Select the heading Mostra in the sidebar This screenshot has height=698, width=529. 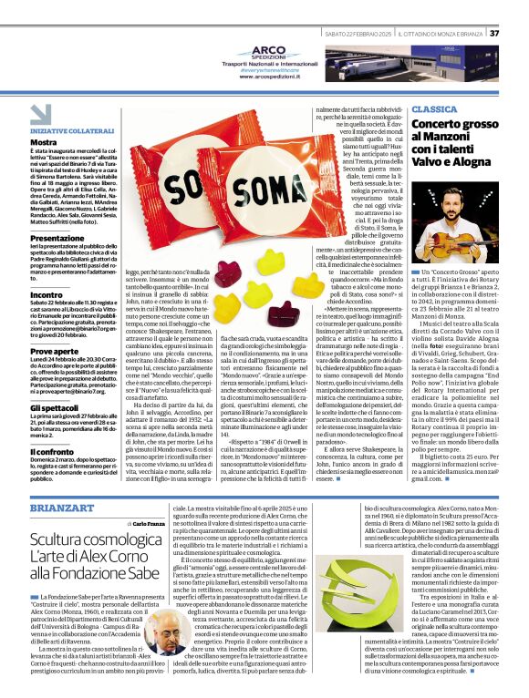pos(43,142)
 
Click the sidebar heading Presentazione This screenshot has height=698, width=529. pos(57,238)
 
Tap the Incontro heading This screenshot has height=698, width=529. pos(47,295)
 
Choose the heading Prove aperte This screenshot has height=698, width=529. pos(53,351)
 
